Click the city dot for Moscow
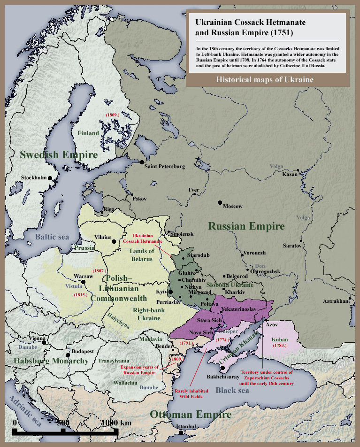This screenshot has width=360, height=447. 220,202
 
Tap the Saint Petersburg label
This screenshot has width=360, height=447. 164,166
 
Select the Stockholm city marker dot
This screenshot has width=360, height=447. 52,178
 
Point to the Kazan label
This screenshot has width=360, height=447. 290,175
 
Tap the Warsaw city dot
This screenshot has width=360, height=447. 84,282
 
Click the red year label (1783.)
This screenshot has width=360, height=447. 281,346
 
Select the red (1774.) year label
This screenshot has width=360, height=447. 223,339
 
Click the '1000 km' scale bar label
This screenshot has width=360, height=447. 116,423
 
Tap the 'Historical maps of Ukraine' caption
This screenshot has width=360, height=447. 265,80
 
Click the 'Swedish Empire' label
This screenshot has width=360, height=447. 59,154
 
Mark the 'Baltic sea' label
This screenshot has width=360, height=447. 52,237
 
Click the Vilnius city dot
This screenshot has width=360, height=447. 114,241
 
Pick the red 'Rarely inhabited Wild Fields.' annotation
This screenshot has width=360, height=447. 190,393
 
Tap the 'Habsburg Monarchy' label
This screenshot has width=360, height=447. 51,361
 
